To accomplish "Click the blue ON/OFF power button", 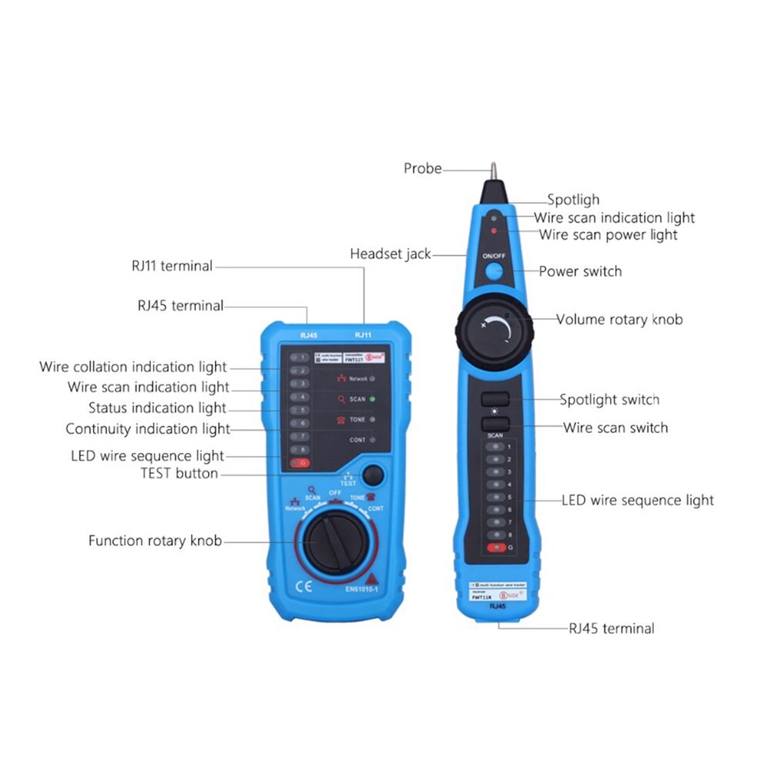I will point(494,270).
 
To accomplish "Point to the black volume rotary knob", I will point(495,330).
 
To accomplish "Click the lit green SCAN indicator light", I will point(372,399).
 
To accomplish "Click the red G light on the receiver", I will point(496,547).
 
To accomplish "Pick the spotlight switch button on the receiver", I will point(495,399).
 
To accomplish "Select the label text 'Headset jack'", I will point(391,253).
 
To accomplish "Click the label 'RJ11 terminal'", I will point(172,266).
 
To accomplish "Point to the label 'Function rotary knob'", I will point(155,541).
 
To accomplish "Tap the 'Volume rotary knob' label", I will point(619,319).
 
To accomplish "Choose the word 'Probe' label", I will point(423,168).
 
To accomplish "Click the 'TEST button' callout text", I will point(179,473).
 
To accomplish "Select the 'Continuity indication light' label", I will point(148,428).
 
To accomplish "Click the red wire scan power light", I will point(493,230).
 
